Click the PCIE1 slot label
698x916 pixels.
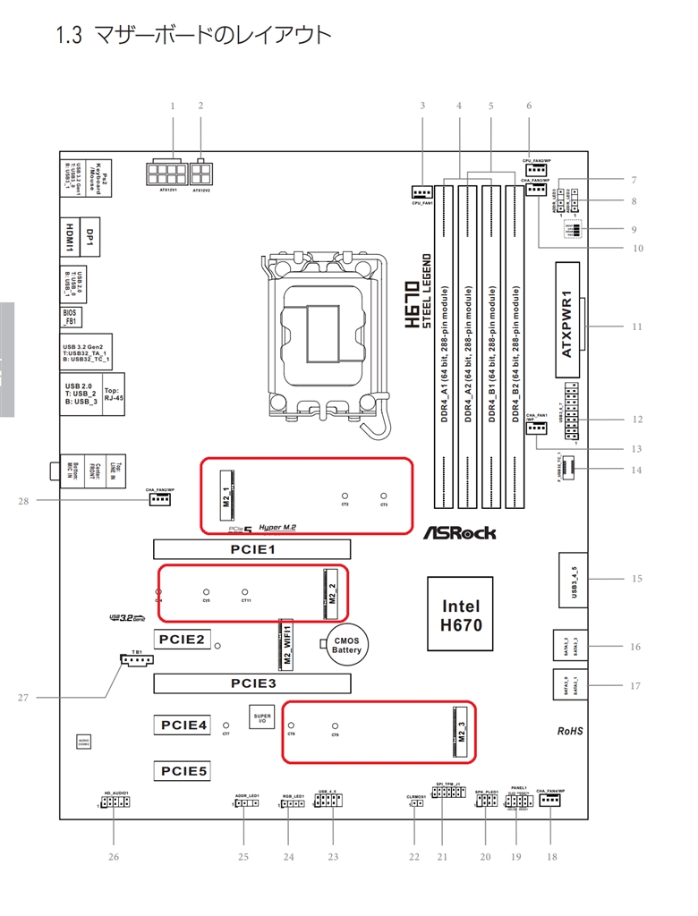(x=251, y=549)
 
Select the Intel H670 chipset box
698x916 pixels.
(x=462, y=616)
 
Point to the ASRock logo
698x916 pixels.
(x=459, y=533)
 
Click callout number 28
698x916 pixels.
(x=23, y=501)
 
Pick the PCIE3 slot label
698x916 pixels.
(x=251, y=684)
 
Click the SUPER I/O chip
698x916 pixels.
(x=261, y=718)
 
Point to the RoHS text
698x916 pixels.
(x=570, y=731)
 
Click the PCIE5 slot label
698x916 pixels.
(x=184, y=769)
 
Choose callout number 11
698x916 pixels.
(x=637, y=327)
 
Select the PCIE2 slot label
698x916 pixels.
(x=183, y=640)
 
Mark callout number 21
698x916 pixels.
(x=441, y=856)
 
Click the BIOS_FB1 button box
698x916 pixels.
(x=71, y=316)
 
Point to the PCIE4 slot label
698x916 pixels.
(x=184, y=725)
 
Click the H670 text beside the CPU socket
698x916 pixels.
(x=411, y=304)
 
